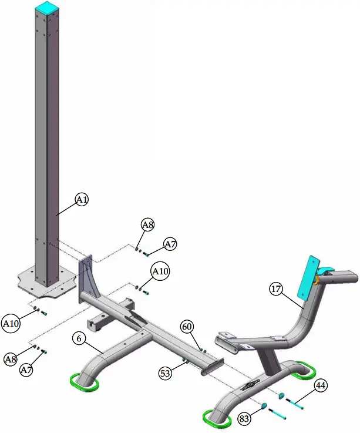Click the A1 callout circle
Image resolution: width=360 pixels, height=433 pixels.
[82, 200]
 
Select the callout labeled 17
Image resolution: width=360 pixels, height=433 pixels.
[277, 288]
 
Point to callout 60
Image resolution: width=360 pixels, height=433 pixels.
[187, 326]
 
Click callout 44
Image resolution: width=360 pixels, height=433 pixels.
[321, 386]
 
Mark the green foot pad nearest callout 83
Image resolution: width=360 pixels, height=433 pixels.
[216, 418]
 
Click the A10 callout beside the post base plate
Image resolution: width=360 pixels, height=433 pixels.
[12, 323]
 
